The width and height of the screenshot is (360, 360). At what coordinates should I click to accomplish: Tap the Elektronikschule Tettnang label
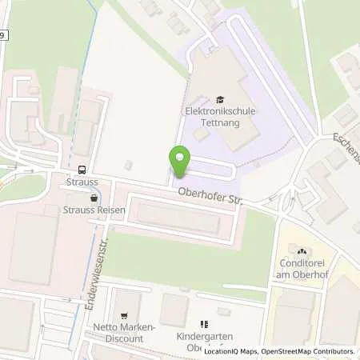[x=209, y=118]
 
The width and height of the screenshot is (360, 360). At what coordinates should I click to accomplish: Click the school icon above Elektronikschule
[x=209, y=99]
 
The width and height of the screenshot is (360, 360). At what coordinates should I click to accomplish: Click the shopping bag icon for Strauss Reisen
[x=94, y=197]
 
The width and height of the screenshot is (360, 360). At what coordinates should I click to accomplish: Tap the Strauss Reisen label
[x=87, y=210]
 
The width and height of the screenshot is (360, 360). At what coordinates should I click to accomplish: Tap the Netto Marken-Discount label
[x=117, y=334]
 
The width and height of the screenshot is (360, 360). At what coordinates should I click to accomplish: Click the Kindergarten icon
[x=204, y=324]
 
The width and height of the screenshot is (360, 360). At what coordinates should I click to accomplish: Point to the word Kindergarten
[x=202, y=338]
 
